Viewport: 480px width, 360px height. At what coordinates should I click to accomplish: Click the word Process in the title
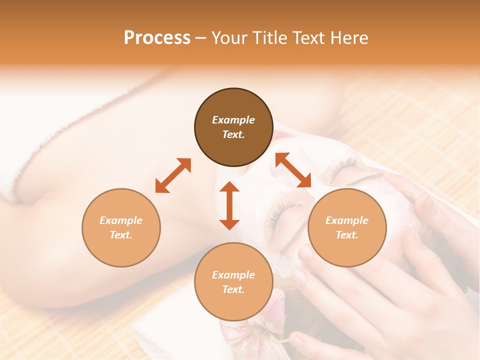[x=157, y=38]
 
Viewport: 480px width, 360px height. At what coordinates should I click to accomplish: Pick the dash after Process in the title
[x=200, y=38]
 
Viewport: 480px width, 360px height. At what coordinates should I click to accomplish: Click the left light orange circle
[x=121, y=227]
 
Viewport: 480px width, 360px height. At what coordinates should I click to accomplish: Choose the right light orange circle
[x=347, y=227]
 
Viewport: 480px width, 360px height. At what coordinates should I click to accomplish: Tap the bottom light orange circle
[x=233, y=281]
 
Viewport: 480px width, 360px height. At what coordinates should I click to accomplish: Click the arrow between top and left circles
[x=173, y=175]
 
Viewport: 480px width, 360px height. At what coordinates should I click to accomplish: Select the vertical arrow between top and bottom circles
[x=229, y=205]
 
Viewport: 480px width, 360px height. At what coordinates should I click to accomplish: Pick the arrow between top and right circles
[x=293, y=170]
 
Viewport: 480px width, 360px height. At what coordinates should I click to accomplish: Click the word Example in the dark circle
[x=233, y=120]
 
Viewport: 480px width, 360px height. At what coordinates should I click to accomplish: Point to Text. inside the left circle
[x=121, y=235]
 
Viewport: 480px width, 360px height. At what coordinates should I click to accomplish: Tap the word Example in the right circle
[x=347, y=220]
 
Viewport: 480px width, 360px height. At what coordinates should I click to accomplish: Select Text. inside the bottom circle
[x=233, y=289]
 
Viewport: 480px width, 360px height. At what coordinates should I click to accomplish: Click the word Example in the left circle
[x=121, y=220]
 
